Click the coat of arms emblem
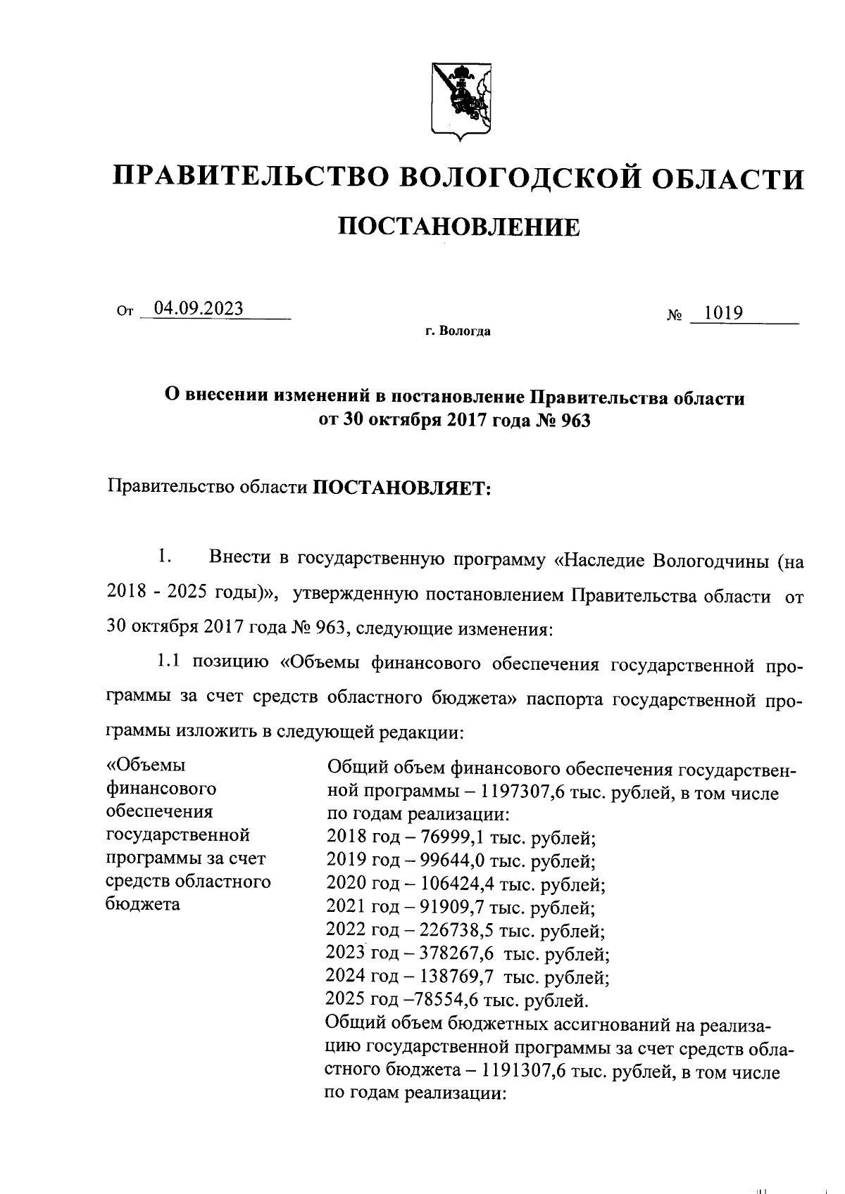coord(461,102)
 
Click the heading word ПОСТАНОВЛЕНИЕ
coord(461,227)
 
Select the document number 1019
coord(725,312)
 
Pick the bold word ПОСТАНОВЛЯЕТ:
coord(401,488)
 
